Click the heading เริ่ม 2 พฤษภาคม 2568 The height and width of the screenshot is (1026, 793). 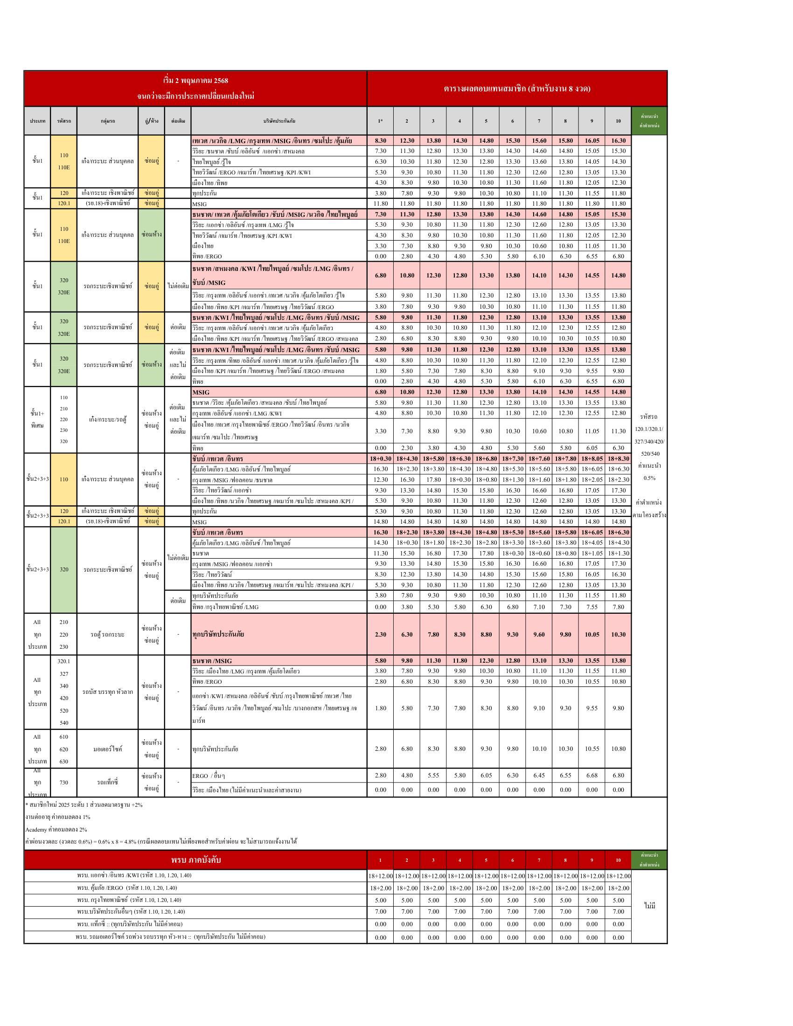(195, 81)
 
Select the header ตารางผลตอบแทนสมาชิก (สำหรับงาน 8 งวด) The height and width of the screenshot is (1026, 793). (517, 88)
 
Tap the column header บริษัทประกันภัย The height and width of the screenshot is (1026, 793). (279, 121)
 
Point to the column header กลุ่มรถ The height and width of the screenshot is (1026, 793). (108, 121)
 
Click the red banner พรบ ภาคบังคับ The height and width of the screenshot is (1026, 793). (195, 860)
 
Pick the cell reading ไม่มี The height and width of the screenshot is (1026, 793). (650, 906)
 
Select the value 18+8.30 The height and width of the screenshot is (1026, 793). (618, 458)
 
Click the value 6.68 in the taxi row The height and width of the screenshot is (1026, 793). (591, 775)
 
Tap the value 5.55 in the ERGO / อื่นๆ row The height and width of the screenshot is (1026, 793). (433, 775)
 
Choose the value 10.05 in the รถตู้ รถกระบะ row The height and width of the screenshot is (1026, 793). (591, 634)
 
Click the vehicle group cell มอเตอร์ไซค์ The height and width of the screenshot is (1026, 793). (108, 749)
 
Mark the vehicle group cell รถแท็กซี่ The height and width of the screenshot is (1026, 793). (108, 782)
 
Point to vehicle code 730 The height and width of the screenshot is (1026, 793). (64, 782)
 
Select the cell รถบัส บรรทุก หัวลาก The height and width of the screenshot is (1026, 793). (108, 692)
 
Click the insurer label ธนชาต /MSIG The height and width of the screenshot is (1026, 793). (212, 661)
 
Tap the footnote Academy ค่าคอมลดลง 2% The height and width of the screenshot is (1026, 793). (56, 830)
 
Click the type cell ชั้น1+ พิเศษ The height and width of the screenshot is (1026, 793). (37, 420)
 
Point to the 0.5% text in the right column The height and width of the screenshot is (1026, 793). (649, 478)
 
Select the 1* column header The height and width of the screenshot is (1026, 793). (380, 121)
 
